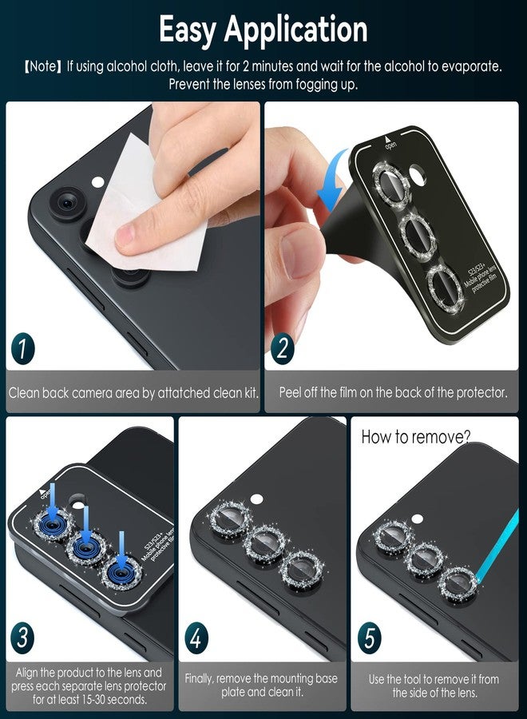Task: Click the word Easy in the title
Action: (x=188, y=30)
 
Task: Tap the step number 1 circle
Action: (x=25, y=349)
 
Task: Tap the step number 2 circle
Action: (x=283, y=349)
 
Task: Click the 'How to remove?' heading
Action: (x=416, y=437)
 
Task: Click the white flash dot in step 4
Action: (x=256, y=499)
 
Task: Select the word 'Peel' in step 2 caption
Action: (x=292, y=393)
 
